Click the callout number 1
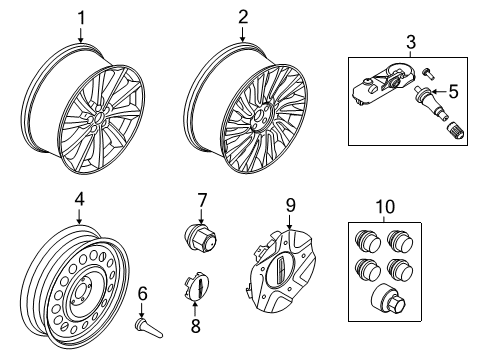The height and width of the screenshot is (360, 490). pos(82,16)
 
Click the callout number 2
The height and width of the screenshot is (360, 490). pos(242,16)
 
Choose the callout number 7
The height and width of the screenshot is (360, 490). pos(201,200)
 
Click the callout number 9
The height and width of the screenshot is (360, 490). pos(291,206)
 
